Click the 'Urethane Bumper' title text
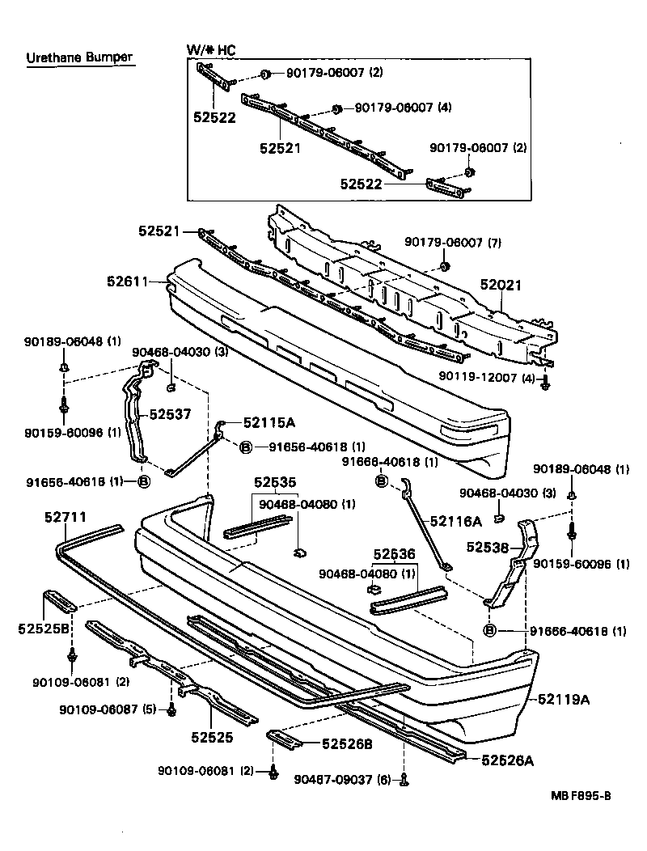click(x=78, y=57)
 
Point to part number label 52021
click(x=501, y=286)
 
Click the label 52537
click(x=170, y=414)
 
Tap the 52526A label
click(x=508, y=760)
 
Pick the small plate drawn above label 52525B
click(x=59, y=600)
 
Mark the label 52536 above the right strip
click(x=394, y=556)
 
